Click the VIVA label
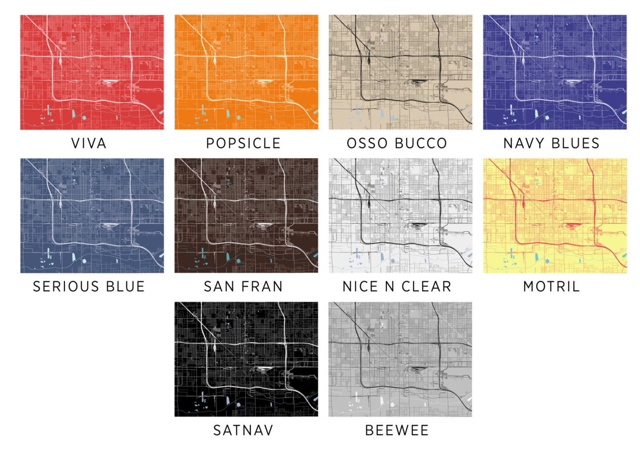coord(89,143)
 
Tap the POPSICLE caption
coord(243,143)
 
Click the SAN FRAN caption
coord(243,287)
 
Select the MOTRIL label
coord(551,287)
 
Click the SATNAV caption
coord(243,430)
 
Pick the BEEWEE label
coord(397,430)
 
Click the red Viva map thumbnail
coord(92,72)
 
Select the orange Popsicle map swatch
coord(246,72)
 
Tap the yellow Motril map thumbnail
coord(555,216)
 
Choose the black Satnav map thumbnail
coord(246,359)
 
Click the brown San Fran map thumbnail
coord(246,216)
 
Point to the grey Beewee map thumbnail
coord(400,359)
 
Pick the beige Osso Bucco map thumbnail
coord(400,72)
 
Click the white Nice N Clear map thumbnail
coord(400,216)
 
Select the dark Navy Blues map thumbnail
coord(555,72)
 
